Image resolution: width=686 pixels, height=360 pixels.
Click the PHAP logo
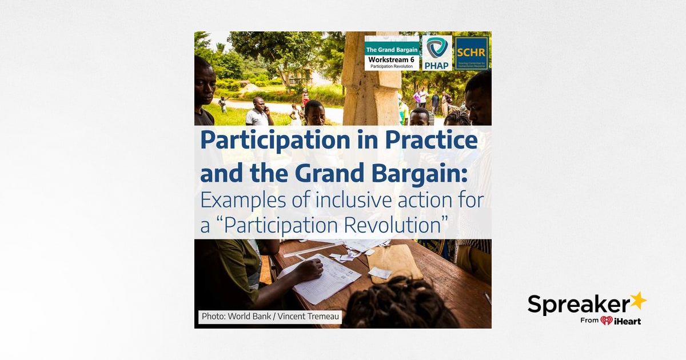pyautogui.click(x=437, y=53)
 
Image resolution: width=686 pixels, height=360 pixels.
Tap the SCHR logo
pyautogui.click(x=472, y=53)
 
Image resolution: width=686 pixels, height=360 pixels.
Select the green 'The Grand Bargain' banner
pyautogui.click(x=392, y=50)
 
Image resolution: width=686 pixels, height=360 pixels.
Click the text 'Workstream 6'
pyautogui.click(x=392, y=59)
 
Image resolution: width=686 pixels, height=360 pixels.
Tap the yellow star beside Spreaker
pyautogui.click(x=638, y=301)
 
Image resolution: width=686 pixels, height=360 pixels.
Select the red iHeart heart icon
pyautogui.click(x=607, y=321)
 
